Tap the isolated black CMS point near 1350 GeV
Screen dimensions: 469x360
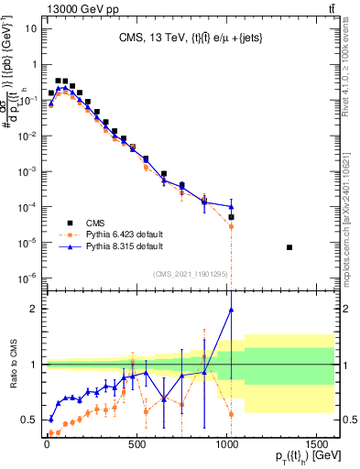[x=289, y=247]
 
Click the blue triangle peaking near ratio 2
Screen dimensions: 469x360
[x=231, y=310]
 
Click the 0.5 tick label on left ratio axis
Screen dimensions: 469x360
[x=29, y=420]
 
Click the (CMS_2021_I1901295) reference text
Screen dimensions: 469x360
[x=190, y=274]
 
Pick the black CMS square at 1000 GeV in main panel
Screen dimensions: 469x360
[x=231, y=217]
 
